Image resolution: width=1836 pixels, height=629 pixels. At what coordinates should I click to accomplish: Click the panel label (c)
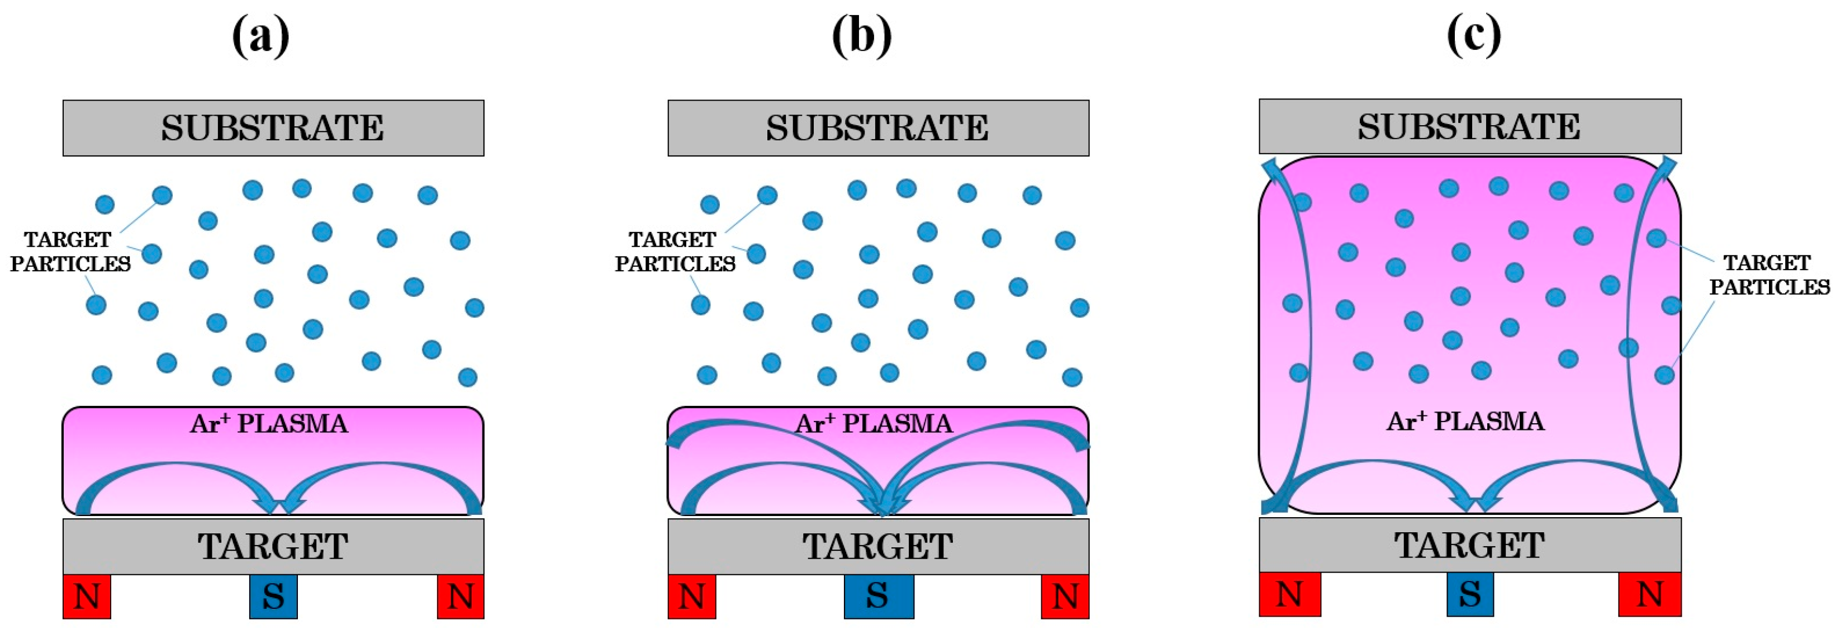(1473, 36)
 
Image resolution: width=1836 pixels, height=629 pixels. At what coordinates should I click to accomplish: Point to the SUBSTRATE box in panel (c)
(1470, 127)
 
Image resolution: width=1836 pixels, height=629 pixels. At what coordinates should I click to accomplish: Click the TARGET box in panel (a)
(273, 546)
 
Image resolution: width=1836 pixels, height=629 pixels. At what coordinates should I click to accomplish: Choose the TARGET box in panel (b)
(878, 546)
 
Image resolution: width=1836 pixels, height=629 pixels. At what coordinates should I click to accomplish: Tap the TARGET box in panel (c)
(1470, 545)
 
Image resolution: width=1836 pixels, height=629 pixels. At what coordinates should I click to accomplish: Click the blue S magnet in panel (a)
(273, 596)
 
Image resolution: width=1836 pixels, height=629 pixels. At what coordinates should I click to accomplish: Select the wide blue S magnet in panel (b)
(878, 596)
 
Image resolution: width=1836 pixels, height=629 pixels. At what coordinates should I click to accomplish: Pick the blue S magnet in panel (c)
(1470, 594)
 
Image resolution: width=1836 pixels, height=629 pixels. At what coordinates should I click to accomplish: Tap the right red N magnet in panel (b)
(1065, 596)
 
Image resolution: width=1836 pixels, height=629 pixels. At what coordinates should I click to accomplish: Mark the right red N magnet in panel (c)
(1649, 594)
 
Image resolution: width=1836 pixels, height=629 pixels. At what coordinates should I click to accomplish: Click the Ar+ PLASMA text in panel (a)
(269, 424)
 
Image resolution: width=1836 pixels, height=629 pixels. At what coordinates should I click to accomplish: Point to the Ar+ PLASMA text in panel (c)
(1465, 422)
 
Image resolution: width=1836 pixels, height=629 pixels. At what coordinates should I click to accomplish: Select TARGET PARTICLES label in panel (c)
(1768, 275)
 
